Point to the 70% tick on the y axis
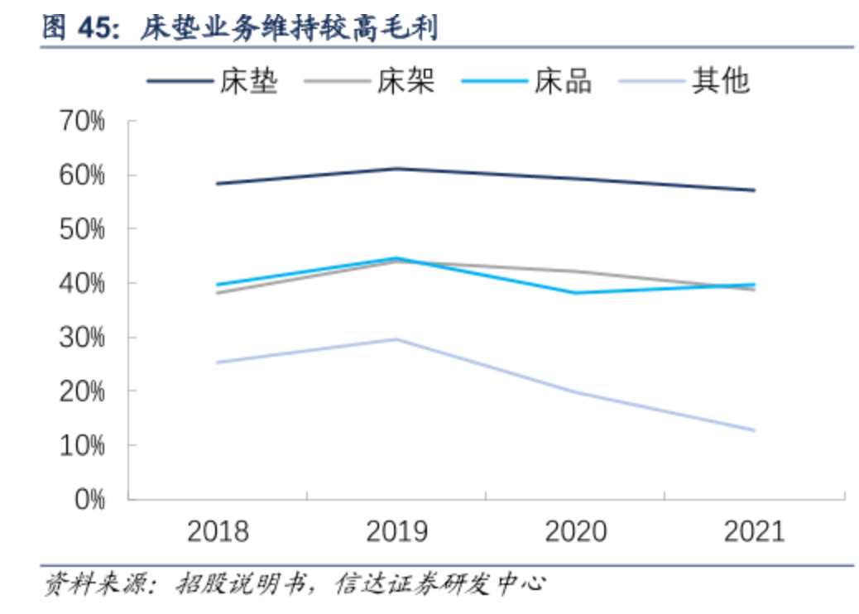pyautogui.click(x=82, y=122)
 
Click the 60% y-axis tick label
pyautogui.click(x=82, y=175)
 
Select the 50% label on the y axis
pyautogui.click(x=82, y=229)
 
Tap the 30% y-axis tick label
pyautogui.click(x=82, y=338)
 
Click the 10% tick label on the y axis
pyautogui.click(x=82, y=445)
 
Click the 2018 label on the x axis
pyautogui.click(x=218, y=530)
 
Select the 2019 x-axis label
pyautogui.click(x=396, y=530)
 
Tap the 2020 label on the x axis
pyautogui.click(x=575, y=530)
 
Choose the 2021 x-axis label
pyautogui.click(x=754, y=530)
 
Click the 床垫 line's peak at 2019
pyautogui.click(x=396, y=169)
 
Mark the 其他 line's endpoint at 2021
pyautogui.click(x=754, y=430)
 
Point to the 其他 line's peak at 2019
pyautogui.click(x=396, y=339)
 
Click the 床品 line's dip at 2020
pyautogui.click(x=575, y=293)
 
